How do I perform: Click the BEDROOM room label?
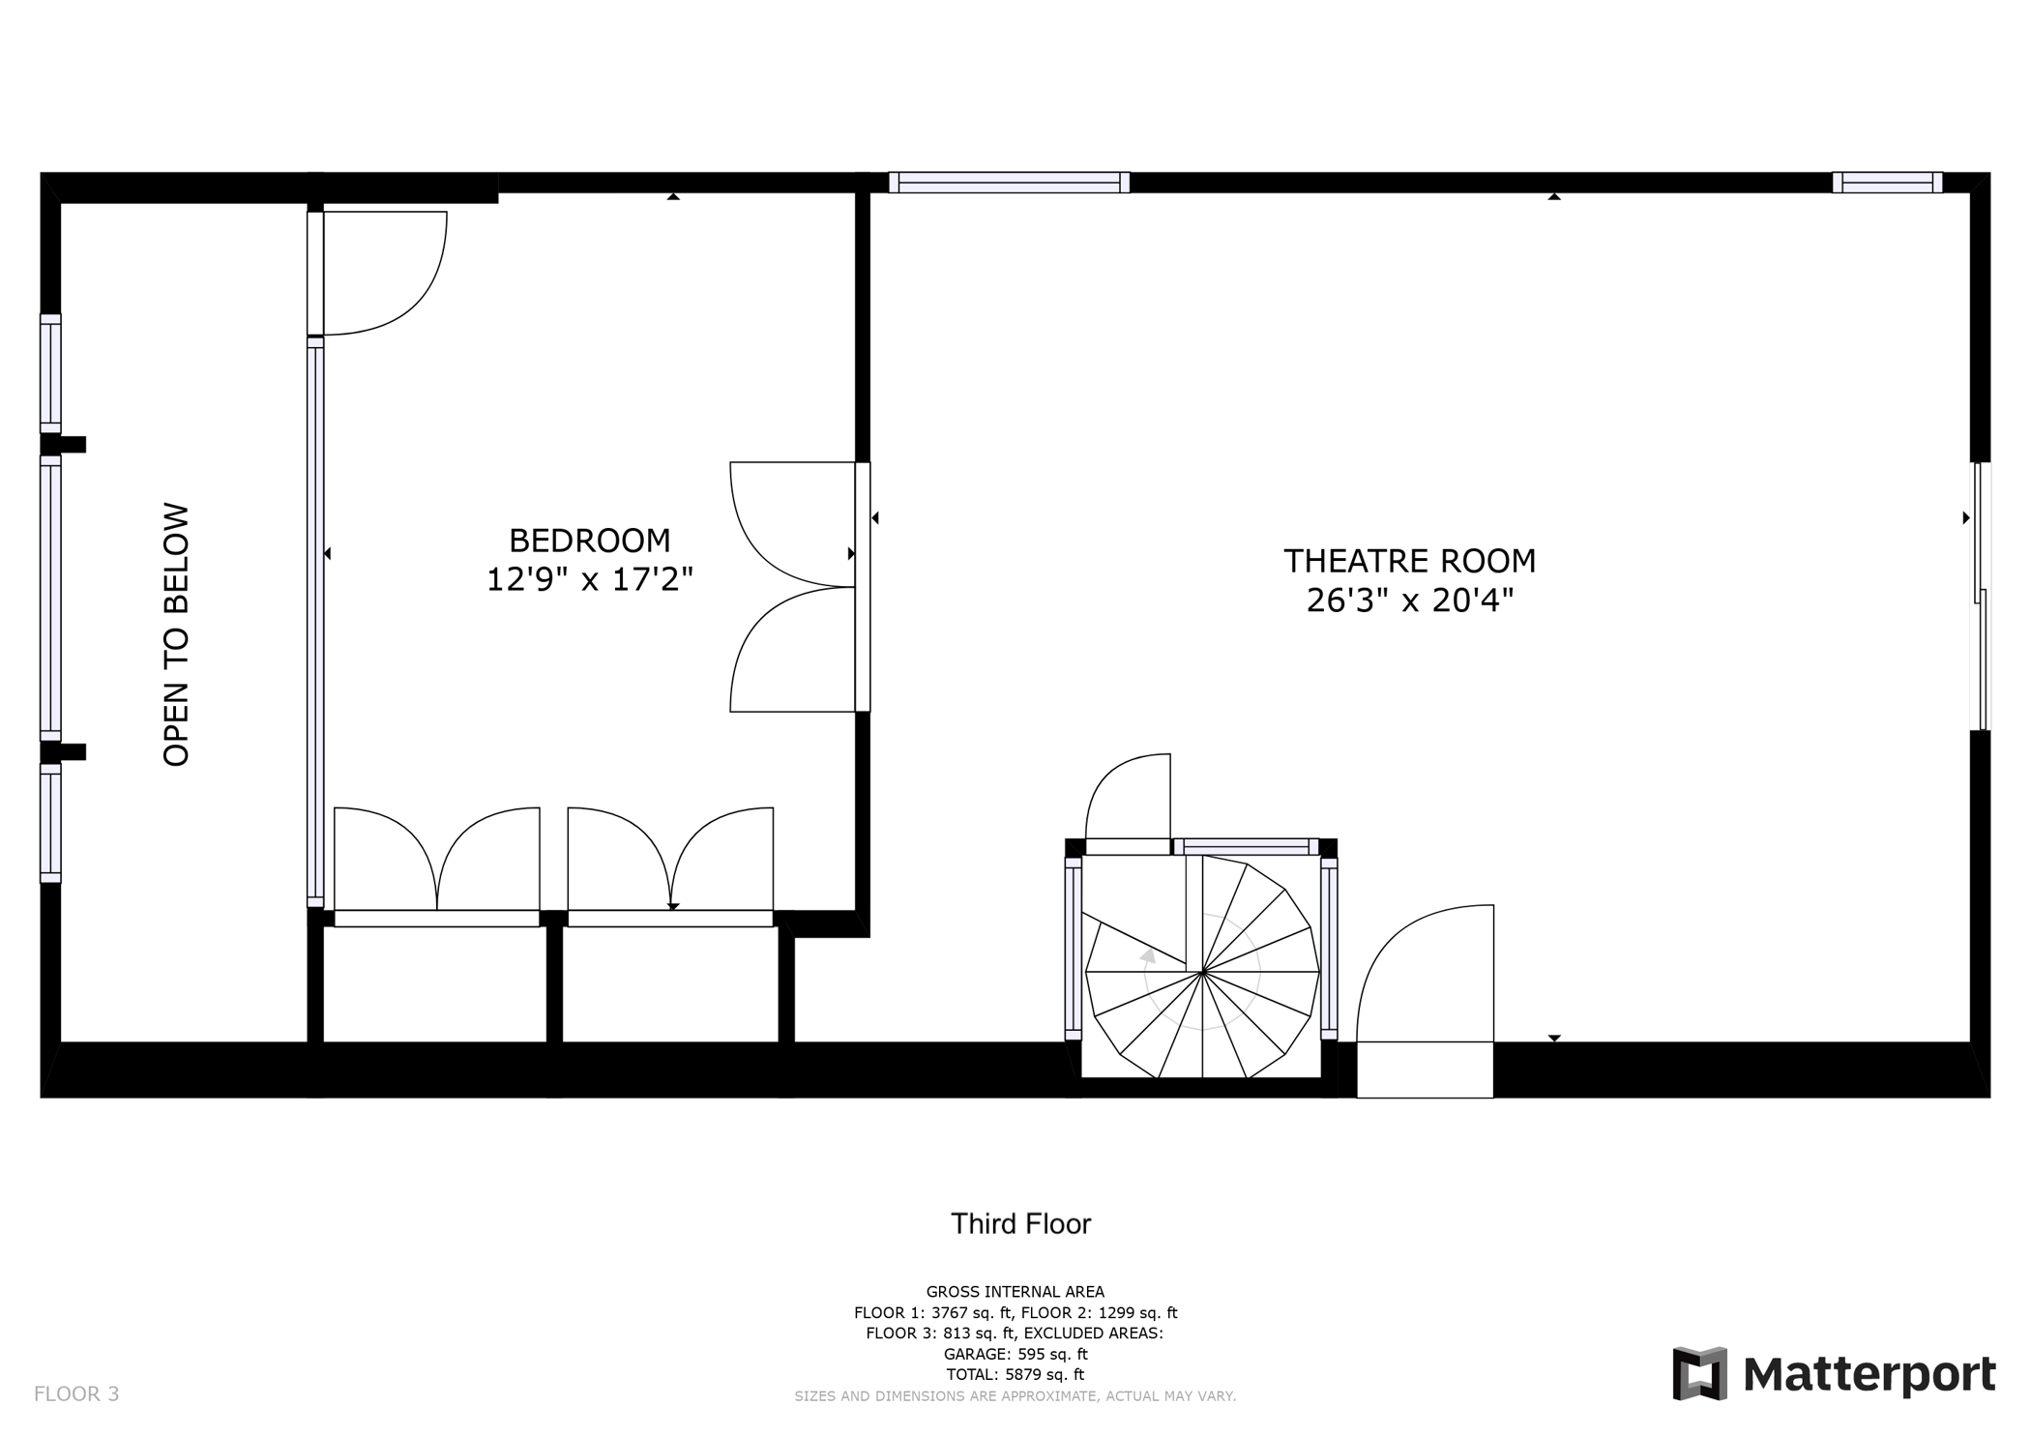point(589,540)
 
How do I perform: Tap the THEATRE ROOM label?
point(1409,561)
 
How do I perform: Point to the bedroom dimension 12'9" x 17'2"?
point(589,580)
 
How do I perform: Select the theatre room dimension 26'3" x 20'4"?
point(1409,601)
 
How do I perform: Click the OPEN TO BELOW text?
point(176,634)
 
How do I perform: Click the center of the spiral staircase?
point(1202,971)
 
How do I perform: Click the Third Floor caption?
point(1020,1224)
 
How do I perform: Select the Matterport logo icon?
point(1699,1373)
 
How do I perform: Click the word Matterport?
point(1869,1374)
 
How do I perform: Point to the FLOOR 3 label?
point(76,1393)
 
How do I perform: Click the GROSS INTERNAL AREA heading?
point(1015,1292)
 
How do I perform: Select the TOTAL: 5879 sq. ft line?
point(1015,1374)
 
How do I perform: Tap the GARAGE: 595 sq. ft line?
point(1015,1354)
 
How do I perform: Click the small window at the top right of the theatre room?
point(1887,183)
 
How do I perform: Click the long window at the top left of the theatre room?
point(1009,183)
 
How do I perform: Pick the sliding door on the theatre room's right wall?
point(1981,596)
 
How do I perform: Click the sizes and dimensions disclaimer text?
point(1015,1396)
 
